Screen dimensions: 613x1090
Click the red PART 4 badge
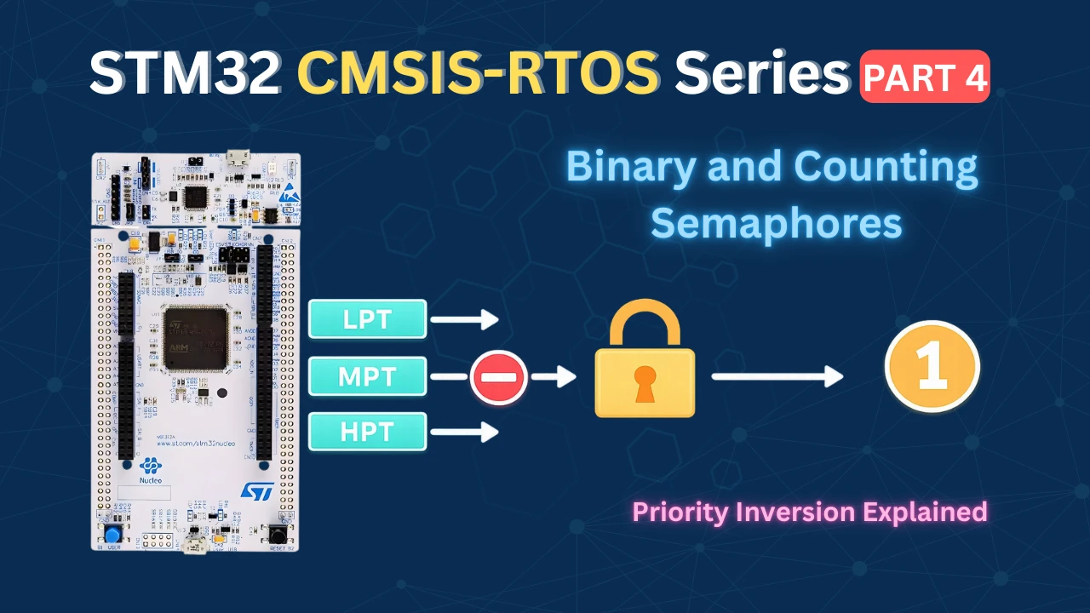click(x=925, y=77)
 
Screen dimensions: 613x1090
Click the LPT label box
click(x=367, y=319)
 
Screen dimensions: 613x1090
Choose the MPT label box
click(x=367, y=375)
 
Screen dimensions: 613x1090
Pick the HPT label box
click(x=367, y=432)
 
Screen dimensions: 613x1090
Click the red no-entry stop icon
click(x=499, y=376)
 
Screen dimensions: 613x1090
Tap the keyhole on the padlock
click(x=645, y=382)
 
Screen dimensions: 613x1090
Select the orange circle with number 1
click(x=932, y=367)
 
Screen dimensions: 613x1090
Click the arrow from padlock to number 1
click(x=777, y=375)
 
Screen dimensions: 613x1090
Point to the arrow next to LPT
click(x=464, y=320)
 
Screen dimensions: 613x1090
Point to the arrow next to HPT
click(x=464, y=433)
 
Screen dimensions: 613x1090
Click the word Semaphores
click(x=776, y=223)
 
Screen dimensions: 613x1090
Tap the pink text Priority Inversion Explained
click(x=810, y=512)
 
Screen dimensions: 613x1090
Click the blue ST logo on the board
click(x=255, y=491)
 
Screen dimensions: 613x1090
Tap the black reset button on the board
click(x=278, y=535)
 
